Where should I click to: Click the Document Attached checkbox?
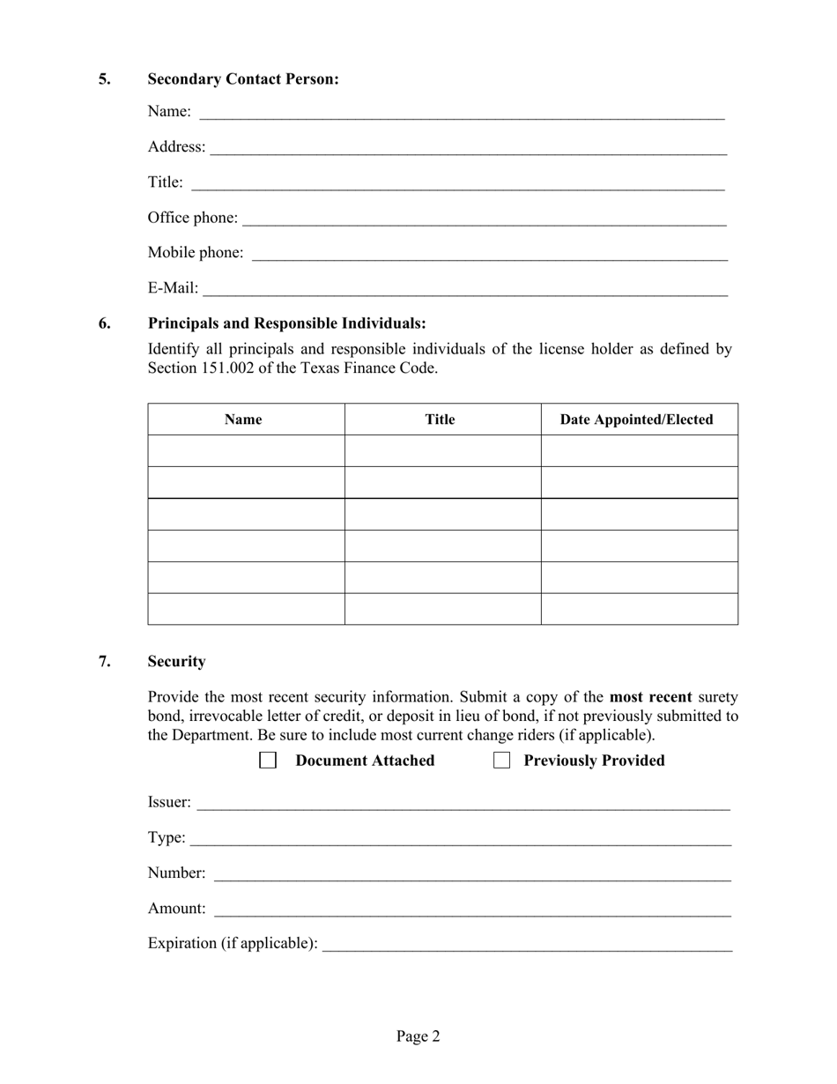268,761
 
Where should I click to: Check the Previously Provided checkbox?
502,761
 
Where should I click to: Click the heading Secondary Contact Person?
242,79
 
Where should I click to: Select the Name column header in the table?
243,419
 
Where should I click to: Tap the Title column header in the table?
440,419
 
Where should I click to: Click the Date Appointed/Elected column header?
636,419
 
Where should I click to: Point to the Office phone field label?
192,218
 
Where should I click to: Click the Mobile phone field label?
195,253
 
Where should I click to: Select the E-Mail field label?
173,288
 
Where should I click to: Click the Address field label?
176,146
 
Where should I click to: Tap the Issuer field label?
169,802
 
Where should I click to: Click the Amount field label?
176,908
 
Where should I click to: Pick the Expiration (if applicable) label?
233,943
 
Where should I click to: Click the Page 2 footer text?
418,1036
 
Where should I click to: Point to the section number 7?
105,661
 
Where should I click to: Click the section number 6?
105,323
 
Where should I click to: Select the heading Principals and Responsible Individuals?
286,323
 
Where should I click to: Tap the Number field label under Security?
176,872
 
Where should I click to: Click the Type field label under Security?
167,837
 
